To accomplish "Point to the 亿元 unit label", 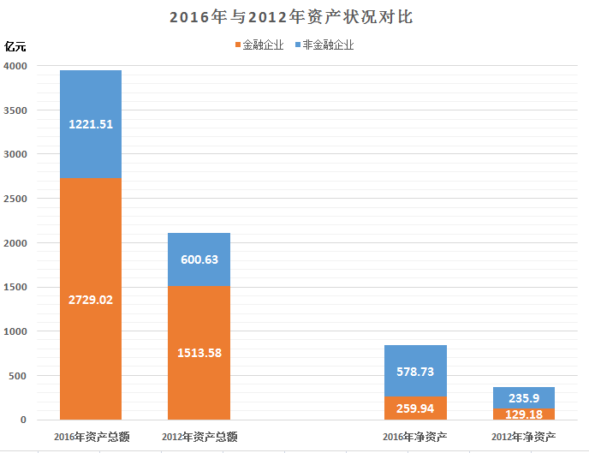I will tap(16, 45).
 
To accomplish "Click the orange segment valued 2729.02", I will tap(91, 299).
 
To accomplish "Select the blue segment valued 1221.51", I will tap(91, 124).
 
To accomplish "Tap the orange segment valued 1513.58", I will tap(199, 353).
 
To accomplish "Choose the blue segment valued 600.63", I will tap(199, 259).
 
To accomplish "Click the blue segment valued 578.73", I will tap(415, 371).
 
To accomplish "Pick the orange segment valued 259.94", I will tap(415, 408).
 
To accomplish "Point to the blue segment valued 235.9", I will tap(523, 398).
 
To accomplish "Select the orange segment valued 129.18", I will tap(523, 414).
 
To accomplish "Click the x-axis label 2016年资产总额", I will tap(91, 438).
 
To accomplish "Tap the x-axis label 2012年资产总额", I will tap(199, 438).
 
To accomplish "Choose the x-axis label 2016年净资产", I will tap(415, 438).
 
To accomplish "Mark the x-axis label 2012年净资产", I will tap(523, 438).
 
